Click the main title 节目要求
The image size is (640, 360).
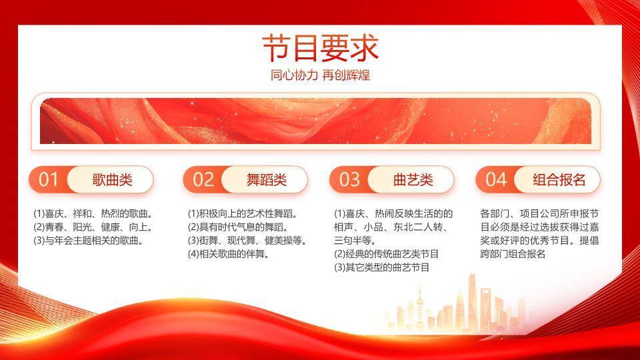point(320,48)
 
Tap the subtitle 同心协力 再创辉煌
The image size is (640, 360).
point(320,75)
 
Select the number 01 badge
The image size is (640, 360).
point(49,179)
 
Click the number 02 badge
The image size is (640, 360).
point(203,179)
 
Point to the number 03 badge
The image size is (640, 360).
point(349,179)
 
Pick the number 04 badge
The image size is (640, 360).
point(496,179)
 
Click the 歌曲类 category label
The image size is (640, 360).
point(112,179)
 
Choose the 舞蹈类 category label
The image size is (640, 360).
point(266,179)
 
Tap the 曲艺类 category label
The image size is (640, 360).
point(413,179)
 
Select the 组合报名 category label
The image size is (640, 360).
point(559,179)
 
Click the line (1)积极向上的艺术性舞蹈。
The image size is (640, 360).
point(243,214)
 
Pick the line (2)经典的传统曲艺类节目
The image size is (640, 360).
point(386,254)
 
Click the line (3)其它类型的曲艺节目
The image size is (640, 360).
point(381,267)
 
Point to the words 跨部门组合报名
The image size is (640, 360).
point(513,254)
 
